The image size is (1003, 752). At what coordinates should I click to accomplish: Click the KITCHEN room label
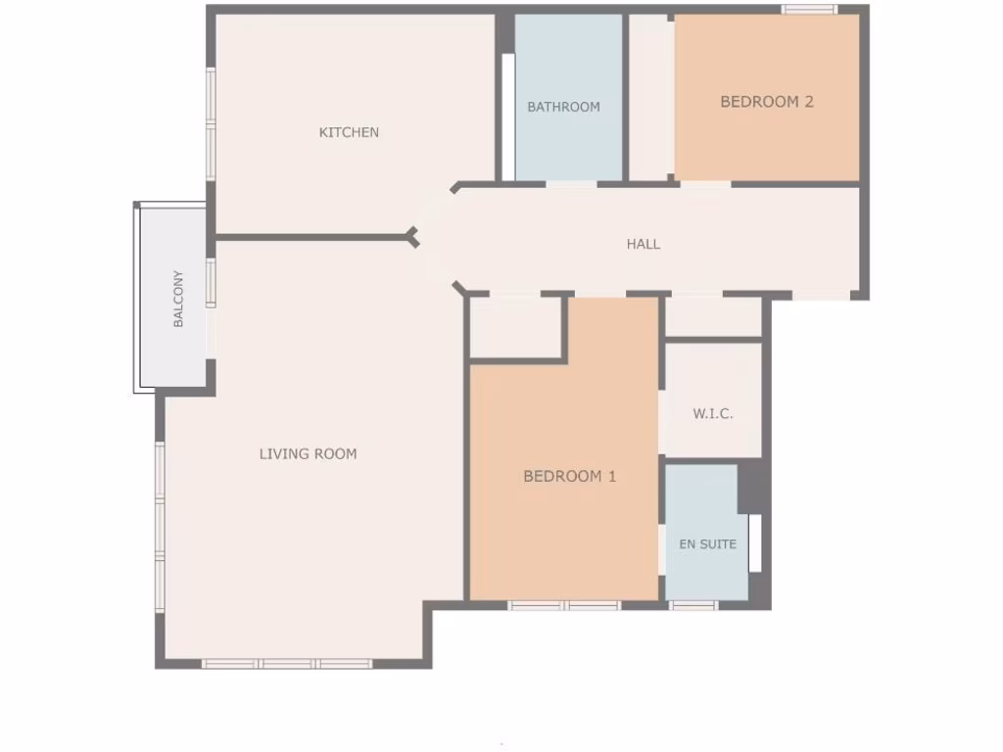349,132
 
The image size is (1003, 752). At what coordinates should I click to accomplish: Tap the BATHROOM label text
563,107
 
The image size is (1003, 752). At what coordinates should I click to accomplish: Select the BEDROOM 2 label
767,101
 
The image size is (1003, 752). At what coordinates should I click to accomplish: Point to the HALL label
644,244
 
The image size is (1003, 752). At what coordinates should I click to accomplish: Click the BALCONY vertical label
178,299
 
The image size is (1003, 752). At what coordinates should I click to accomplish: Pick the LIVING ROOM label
308,453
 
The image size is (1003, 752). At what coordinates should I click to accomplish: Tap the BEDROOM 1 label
569,477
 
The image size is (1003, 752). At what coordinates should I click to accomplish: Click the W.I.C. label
712,413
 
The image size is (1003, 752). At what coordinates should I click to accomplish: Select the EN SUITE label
707,544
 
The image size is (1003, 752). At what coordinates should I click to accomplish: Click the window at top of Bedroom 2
809,10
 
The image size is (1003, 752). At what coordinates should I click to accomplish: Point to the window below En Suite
693,605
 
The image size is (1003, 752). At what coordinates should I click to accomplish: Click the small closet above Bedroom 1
515,328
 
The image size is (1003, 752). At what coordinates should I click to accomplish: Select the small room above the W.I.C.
713,316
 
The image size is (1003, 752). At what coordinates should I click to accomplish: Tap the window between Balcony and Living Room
211,283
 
